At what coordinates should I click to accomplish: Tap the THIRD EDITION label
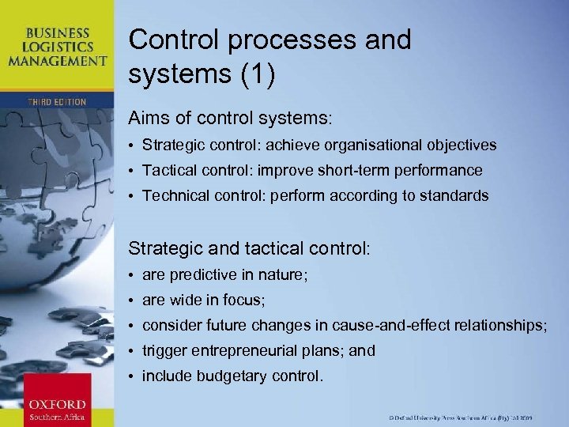pyautogui.click(x=56, y=102)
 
